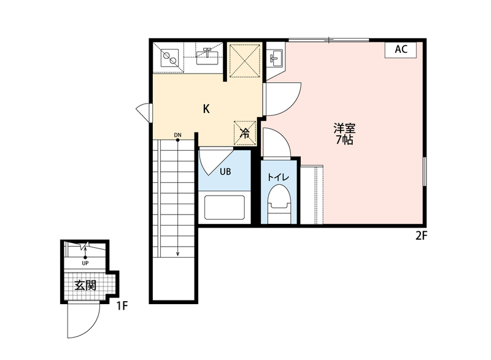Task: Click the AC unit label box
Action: point(401,50)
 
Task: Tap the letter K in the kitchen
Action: point(206,109)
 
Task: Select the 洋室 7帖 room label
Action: point(344,134)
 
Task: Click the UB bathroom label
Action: point(225,171)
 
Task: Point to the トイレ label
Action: point(278,177)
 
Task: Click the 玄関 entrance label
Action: point(85,285)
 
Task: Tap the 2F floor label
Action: point(421,236)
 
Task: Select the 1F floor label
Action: point(122,305)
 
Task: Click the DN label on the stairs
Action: point(177,135)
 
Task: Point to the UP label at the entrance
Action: point(85,263)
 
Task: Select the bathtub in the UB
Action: point(225,208)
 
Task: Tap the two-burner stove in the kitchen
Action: point(169,58)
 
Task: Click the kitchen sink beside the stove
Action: point(207,56)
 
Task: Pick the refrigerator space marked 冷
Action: point(245,133)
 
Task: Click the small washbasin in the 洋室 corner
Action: point(276,58)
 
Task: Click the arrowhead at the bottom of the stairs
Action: point(177,254)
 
